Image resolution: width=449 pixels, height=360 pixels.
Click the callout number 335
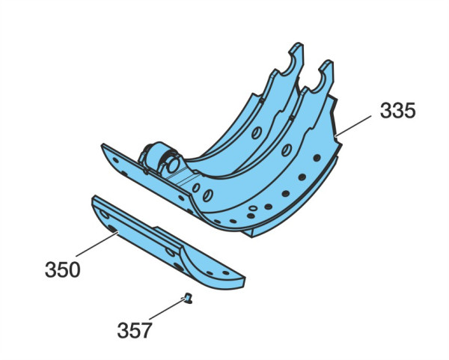397,111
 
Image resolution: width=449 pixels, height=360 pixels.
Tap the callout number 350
62,269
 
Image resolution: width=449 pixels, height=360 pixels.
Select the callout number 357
135,330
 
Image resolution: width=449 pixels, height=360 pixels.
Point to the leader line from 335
353,126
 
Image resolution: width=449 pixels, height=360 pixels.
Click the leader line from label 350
97,245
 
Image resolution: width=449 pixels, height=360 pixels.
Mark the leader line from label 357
167,309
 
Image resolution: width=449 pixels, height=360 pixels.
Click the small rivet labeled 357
188,299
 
